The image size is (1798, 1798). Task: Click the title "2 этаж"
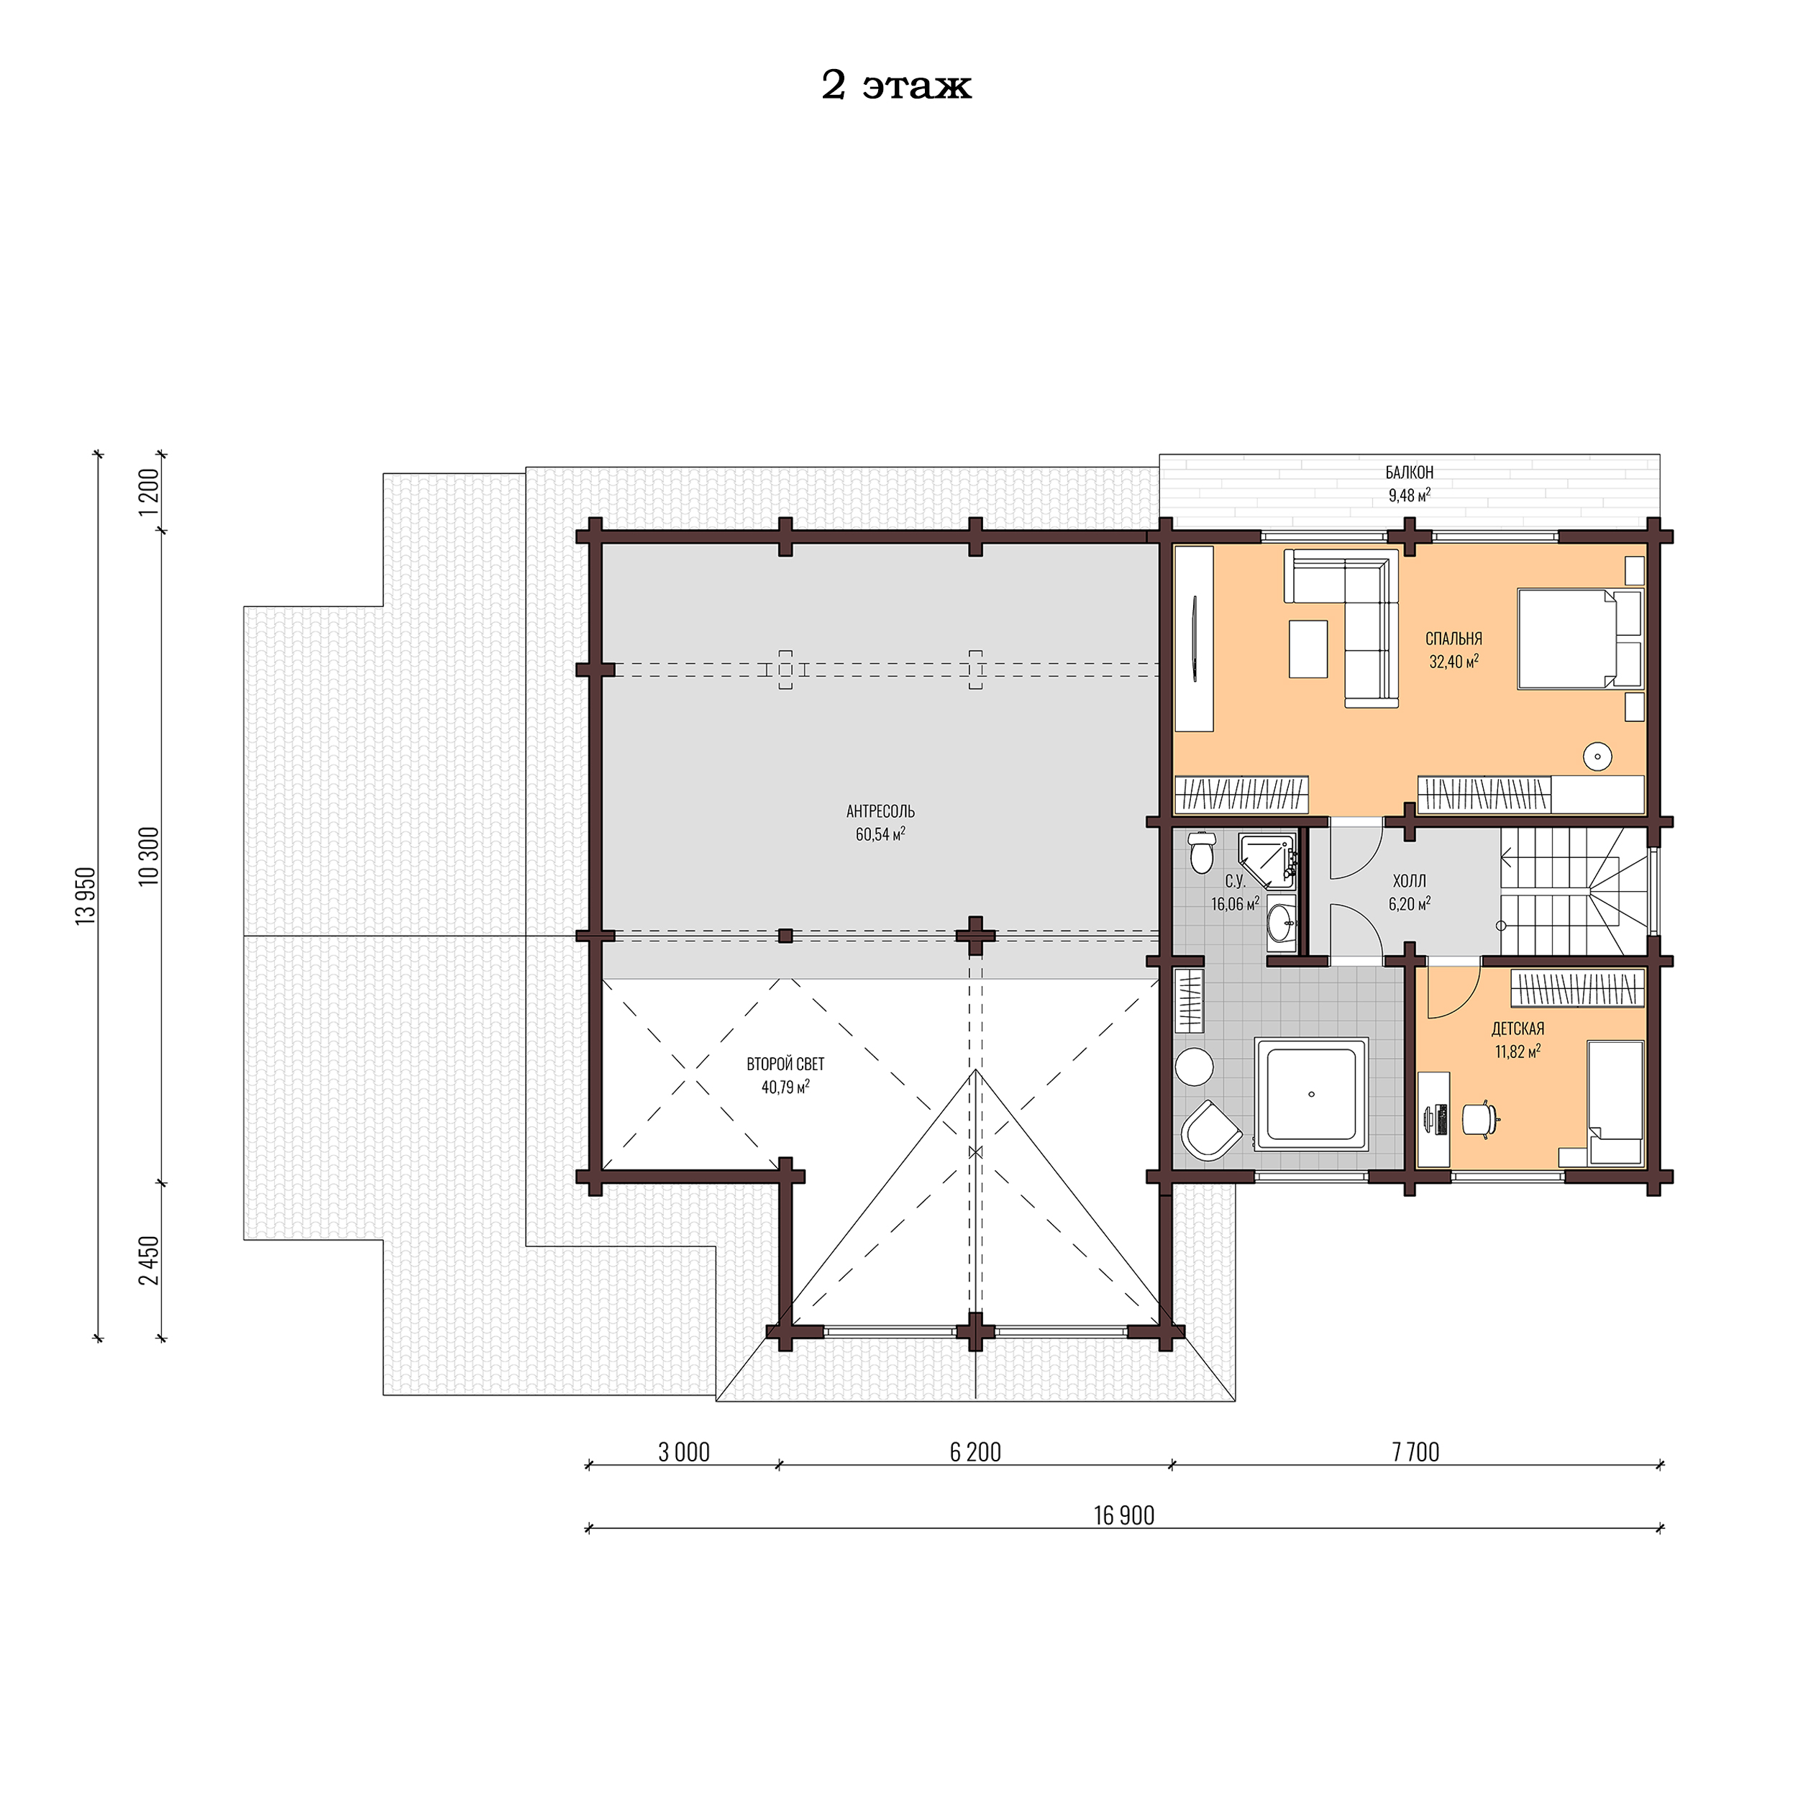895,86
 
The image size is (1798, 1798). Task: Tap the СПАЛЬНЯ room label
1453,639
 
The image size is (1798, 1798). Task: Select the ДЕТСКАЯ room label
1517,1028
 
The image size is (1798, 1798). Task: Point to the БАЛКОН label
1409,473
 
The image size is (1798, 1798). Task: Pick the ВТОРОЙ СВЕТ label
785,1064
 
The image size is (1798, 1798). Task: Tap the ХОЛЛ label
1408,880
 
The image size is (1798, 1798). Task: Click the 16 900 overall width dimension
1123,1516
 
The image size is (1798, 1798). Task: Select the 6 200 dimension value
975,1452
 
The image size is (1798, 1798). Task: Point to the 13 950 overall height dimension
86,895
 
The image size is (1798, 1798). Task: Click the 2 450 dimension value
149,1261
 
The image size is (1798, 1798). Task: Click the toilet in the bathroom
1202,852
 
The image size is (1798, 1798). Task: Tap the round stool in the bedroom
1597,757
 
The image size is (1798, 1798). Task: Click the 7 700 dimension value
1415,1452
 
